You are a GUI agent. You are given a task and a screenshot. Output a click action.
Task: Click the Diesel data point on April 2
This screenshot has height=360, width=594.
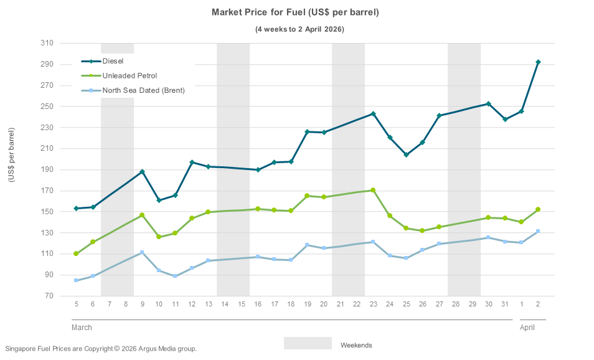pos(538,62)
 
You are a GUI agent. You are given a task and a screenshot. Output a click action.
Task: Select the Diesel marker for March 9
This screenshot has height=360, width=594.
pos(142,172)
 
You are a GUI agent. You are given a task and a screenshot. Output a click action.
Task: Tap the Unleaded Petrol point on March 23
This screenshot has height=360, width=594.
pos(373,191)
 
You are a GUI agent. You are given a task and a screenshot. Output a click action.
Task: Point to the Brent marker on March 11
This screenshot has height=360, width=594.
pos(175,276)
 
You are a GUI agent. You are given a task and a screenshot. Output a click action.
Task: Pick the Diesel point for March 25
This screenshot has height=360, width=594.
pos(406,155)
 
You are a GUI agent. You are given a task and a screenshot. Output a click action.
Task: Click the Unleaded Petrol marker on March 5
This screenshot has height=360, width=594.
pos(76,253)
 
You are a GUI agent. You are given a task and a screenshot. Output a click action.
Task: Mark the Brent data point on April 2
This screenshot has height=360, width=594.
pos(538,231)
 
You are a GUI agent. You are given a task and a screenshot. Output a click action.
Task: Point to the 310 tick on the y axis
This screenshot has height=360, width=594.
pos(47,43)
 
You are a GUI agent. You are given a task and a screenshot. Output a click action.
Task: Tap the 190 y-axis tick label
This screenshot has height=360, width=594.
pos(47,169)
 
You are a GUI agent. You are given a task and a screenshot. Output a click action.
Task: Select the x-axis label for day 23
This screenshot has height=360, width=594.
pos(373,303)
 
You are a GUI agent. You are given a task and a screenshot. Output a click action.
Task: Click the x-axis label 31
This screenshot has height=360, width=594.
pos(505,303)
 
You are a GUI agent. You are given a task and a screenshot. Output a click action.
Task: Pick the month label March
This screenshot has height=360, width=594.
pos(82,328)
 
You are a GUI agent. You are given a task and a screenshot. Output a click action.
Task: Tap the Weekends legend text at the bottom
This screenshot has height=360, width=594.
pos(356,344)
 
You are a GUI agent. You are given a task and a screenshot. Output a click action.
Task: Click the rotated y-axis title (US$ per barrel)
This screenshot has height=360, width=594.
pos(11,155)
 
